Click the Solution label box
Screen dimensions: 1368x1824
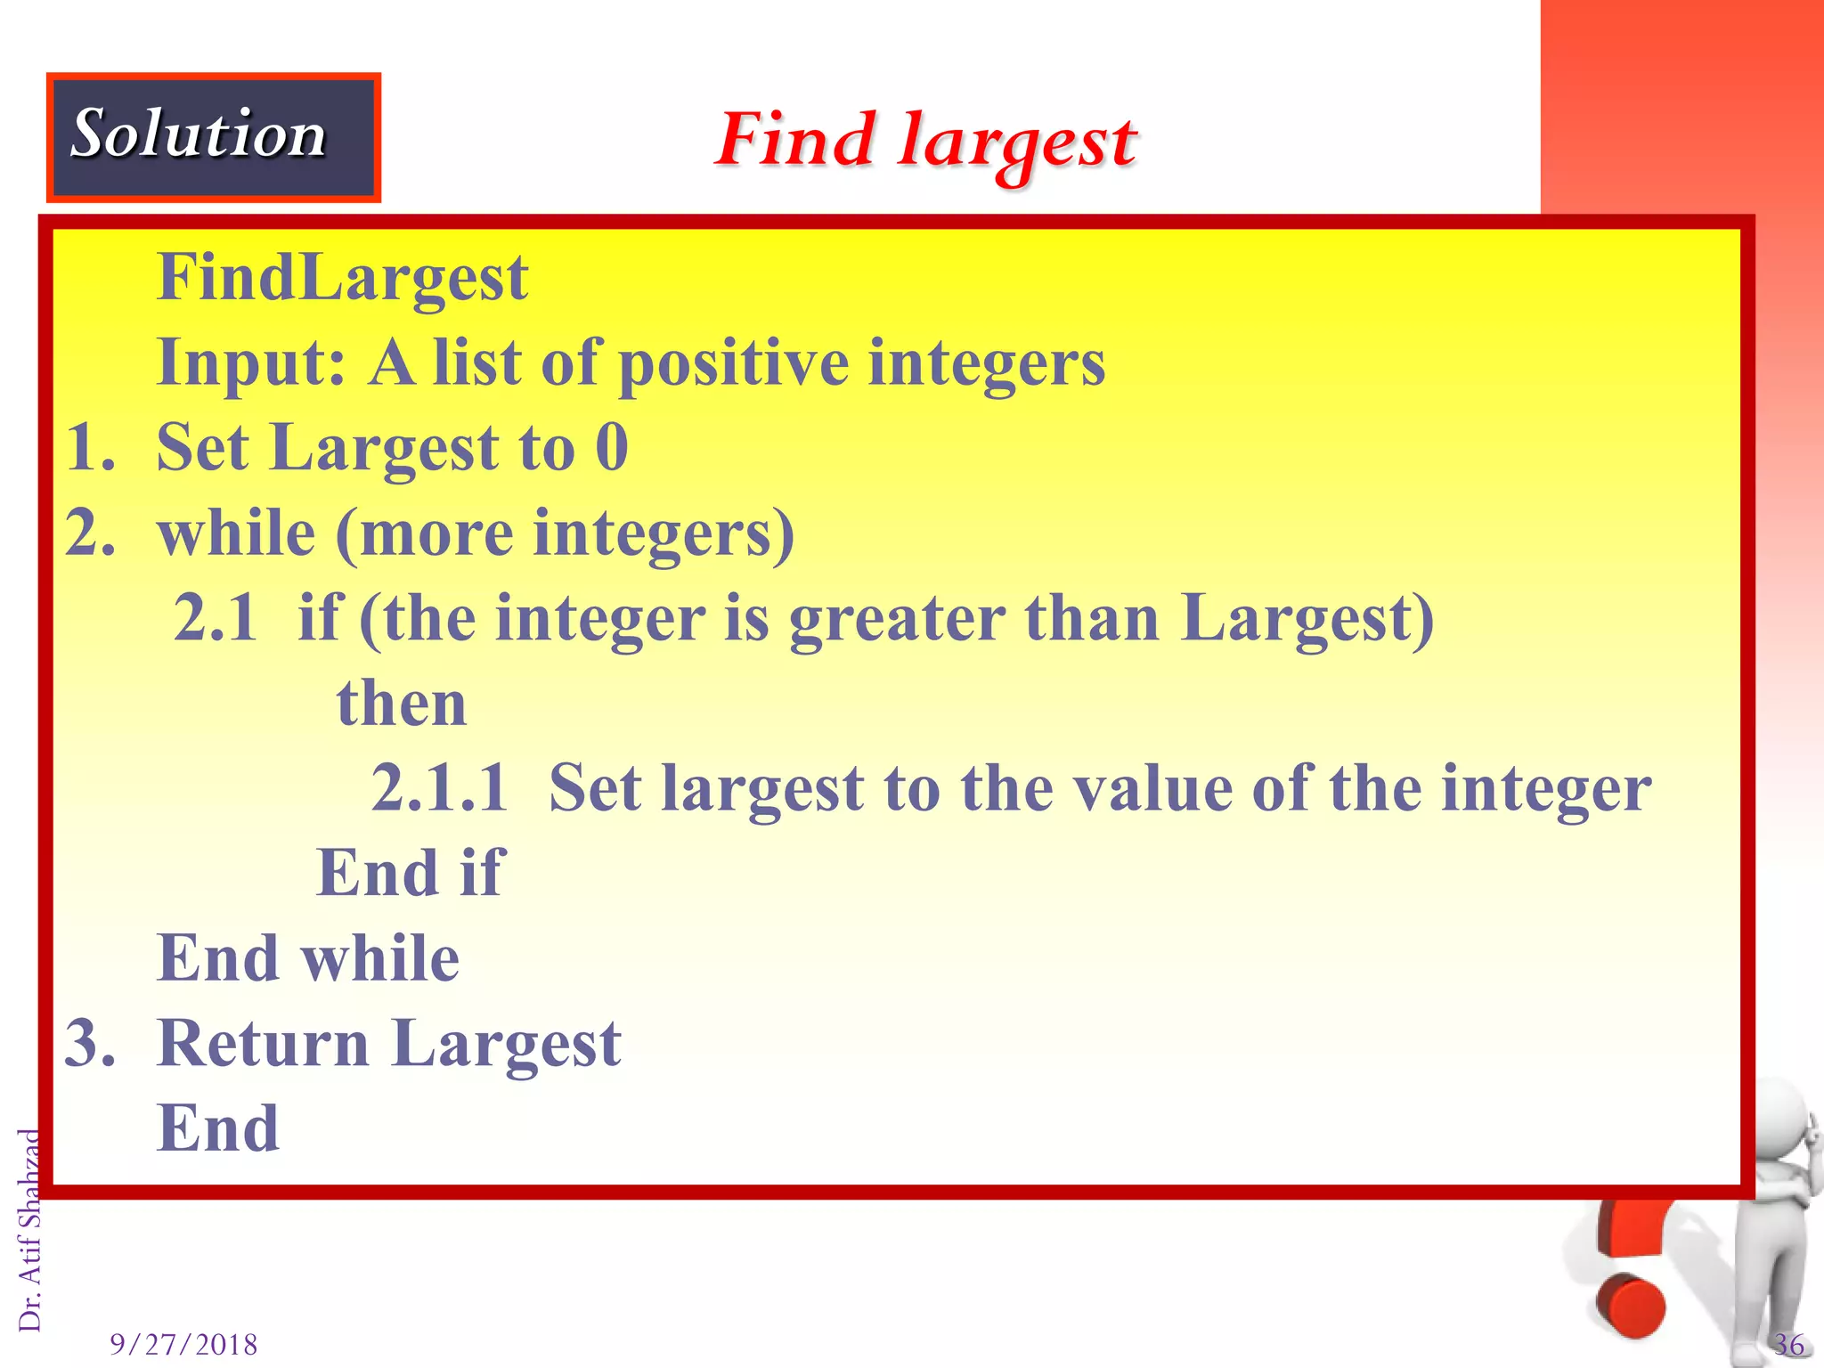coord(213,137)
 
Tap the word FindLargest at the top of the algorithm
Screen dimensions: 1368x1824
coord(343,278)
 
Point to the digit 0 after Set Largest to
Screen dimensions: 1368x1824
coord(612,447)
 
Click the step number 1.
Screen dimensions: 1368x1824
coord(90,447)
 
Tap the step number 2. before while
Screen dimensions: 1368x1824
coord(90,533)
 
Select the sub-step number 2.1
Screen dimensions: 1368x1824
coord(216,617)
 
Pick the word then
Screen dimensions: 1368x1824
coord(402,703)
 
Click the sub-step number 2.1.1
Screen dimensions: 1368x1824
coord(438,788)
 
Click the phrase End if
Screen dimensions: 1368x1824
coord(411,873)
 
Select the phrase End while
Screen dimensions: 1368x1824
coord(308,958)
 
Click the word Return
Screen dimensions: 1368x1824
coord(263,1043)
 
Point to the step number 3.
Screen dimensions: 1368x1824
coord(90,1043)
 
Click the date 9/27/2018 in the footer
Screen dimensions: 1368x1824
coord(183,1344)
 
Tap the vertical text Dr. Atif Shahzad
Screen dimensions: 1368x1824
coord(30,1230)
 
